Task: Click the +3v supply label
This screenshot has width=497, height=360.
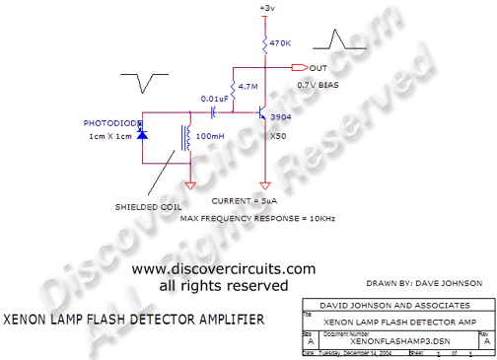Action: pyautogui.click(x=267, y=9)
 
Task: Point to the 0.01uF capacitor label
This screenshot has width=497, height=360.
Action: pyautogui.click(x=214, y=99)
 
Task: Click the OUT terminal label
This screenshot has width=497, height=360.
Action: pyautogui.click(x=319, y=68)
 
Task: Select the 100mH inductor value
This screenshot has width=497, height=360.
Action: pyautogui.click(x=211, y=135)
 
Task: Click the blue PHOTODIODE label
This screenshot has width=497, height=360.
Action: pyautogui.click(x=109, y=124)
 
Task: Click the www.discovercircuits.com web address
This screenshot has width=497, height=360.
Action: pyautogui.click(x=224, y=268)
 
